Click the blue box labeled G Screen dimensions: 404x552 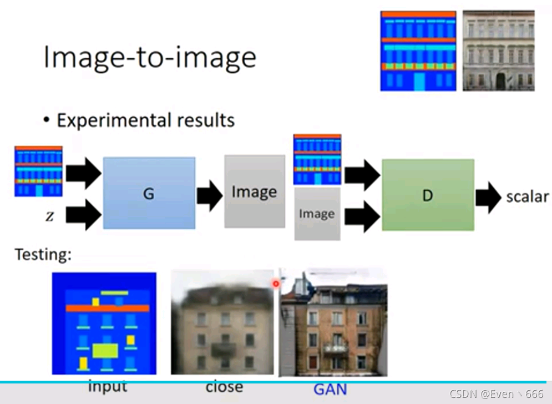pos(149,193)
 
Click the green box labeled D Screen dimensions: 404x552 pos(428,195)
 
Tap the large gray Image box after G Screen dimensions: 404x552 pos(254,191)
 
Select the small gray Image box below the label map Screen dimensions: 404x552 pos(317,214)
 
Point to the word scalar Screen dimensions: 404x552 pos(527,196)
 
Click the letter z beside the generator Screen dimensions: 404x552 pos(50,216)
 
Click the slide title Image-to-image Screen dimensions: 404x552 pos(150,57)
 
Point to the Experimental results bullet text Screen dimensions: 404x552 pos(145,120)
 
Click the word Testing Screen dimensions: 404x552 pos(43,255)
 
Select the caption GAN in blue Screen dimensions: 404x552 pos(330,388)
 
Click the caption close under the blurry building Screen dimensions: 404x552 pos(224,386)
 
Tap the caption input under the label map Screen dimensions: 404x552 pos(107,386)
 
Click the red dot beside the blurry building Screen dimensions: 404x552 pos(276,284)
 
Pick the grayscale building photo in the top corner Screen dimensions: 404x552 pos(498,50)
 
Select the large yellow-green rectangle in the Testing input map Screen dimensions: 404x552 pos(105,351)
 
